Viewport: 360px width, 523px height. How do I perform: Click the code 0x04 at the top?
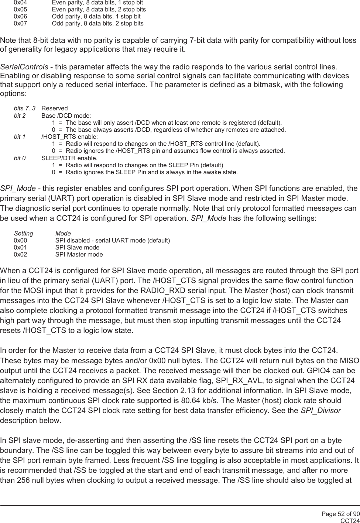click(x=20, y=3)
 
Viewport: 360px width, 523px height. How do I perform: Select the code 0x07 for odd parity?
click(x=20, y=24)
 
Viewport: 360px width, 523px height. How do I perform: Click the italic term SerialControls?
click(x=24, y=67)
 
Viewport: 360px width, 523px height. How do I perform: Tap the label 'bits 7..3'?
click(x=25, y=109)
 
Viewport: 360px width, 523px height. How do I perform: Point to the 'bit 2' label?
click(x=20, y=116)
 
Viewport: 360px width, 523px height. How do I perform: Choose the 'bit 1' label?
click(x=20, y=137)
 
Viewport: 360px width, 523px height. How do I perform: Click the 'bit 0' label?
click(x=20, y=158)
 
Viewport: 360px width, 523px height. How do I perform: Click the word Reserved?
click(x=55, y=109)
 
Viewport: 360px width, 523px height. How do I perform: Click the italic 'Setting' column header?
click(x=23, y=234)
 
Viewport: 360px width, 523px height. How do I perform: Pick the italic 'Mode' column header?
click(x=63, y=234)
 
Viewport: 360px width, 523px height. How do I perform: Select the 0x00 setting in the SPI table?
click(x=20, y=241)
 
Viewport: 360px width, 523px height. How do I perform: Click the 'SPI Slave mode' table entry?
click(x=77, y=248)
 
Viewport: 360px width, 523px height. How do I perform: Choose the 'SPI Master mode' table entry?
click(x=79, y=255)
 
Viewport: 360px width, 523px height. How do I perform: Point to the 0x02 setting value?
click(x=20, y=255)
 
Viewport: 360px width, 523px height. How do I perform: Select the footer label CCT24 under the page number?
click(x=350, y=520)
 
